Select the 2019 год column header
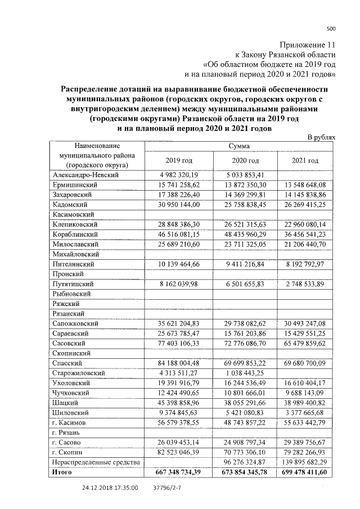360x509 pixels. [179, 161]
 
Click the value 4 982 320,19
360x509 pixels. [179, 175]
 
